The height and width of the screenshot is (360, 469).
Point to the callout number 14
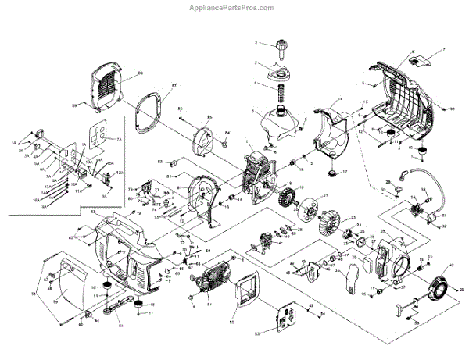coord(341,100)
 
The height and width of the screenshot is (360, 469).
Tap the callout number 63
coord(93,212)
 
